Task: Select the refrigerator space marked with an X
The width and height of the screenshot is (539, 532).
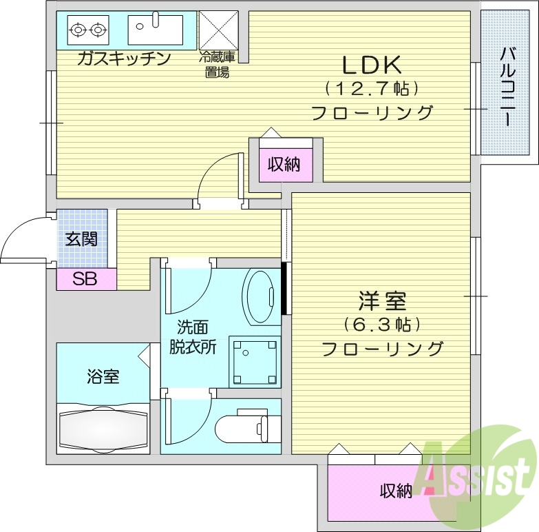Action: point(218,30)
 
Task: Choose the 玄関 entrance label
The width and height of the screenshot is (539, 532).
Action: point(81,239)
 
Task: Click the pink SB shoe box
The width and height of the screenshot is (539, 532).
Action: point(85,279)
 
